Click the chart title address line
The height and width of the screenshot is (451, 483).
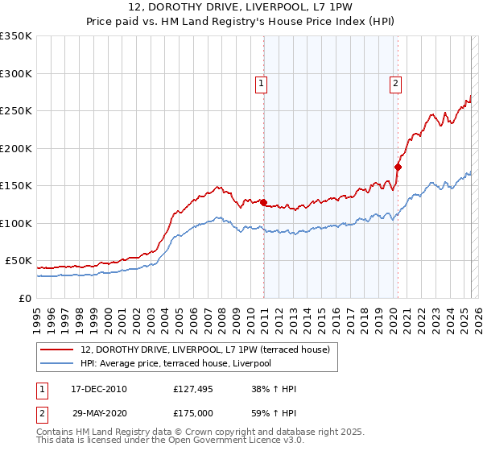tap(241, 7)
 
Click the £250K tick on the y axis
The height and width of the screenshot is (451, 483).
tap(16, 111)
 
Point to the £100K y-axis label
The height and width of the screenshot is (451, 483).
tap(16, 223)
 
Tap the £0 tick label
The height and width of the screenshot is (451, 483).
tap(25, 298)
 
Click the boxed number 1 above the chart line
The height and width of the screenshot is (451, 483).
tap(262, 83)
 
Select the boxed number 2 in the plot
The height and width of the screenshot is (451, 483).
tap(396, 83)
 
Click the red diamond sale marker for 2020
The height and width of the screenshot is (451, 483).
tap(398, 167)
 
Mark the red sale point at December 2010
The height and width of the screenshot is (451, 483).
tap(263, 202)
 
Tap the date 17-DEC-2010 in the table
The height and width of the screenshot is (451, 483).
tap(99, 389)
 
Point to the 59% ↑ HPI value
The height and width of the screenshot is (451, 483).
tap(275, 412)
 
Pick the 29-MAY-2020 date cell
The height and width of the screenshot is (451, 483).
tap(100, 412)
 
